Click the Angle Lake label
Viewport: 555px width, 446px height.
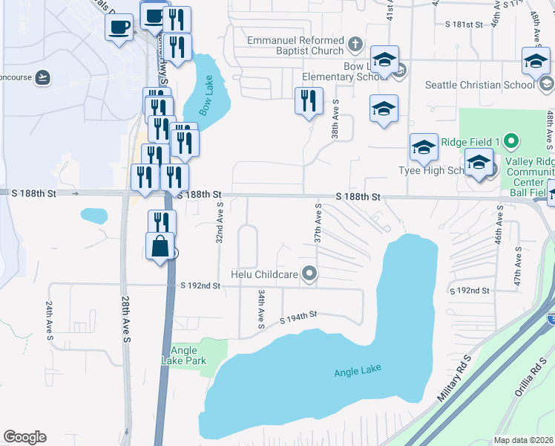coord(356,372)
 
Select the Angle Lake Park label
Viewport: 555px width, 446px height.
coord(184,355)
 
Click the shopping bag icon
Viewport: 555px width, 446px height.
coord(160,245)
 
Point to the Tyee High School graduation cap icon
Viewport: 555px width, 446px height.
coord(424,146)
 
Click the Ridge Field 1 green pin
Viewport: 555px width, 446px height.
coord(510,140)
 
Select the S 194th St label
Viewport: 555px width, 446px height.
coord(299,318)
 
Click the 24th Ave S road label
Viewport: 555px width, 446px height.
coord(50,322)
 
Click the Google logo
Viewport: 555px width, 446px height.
coord(24,437)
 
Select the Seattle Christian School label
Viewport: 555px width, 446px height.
coord(479,85)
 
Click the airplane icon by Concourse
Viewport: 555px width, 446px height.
coord(42,77)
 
